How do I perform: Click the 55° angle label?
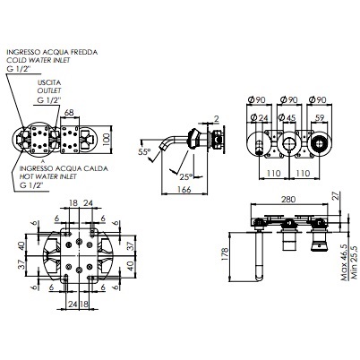tap(144, 152)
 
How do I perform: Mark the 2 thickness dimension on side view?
tap(216, 117)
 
